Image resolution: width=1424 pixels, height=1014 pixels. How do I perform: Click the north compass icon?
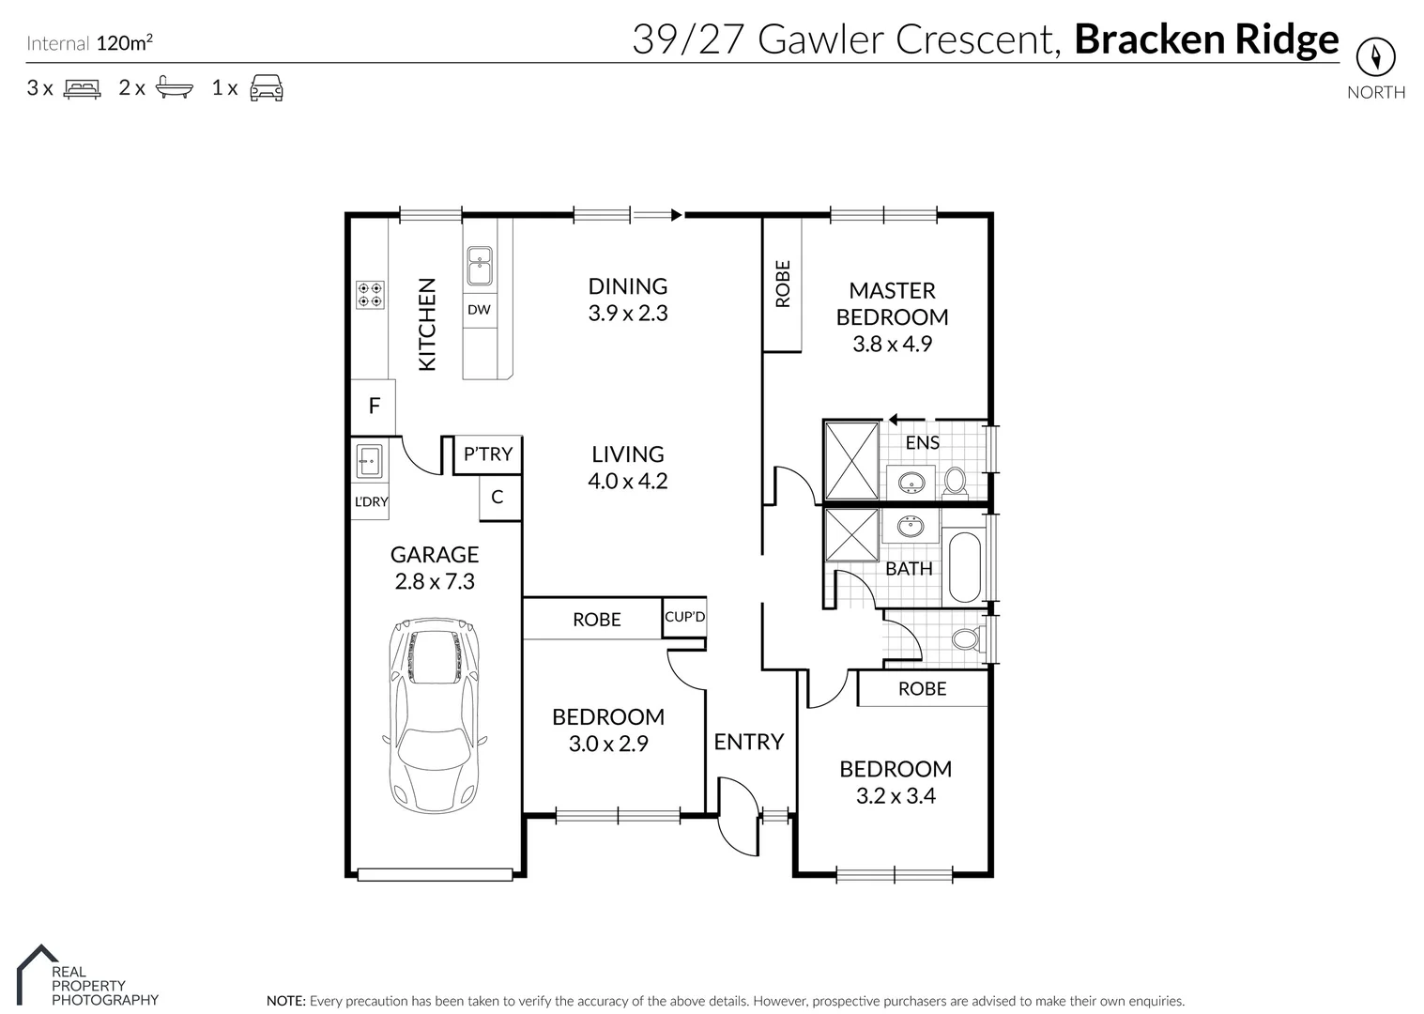[1375, 57]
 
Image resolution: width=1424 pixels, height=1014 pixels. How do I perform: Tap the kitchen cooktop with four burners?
[369, 295]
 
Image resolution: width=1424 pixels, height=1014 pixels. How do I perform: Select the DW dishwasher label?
[479, 309]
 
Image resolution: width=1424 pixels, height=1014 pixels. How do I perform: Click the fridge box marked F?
[374, 406]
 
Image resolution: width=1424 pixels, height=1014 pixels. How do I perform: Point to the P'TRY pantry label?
[488, 454]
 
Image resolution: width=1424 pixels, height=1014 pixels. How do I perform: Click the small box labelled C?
[498, 497]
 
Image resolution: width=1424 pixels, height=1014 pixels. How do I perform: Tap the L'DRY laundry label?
[371, 501]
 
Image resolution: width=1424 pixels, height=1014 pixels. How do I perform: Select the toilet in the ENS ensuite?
[956, 481]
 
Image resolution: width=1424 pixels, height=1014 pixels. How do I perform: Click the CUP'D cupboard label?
[684, 617]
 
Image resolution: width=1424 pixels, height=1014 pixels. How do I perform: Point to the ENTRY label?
[748, 742]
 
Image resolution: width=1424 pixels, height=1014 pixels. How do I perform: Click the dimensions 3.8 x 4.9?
[892, 344]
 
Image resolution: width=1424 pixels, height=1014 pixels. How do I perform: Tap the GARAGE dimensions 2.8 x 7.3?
[435, 581]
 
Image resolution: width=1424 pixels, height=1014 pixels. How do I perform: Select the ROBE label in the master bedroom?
[783, 284]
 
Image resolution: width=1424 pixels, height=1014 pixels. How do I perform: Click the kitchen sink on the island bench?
[480, 266]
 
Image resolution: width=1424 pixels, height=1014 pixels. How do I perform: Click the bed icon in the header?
[82, 88]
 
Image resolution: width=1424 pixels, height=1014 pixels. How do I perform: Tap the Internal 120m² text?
[90, 42]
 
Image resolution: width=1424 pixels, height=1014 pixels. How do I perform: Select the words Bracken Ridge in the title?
[1205, 39]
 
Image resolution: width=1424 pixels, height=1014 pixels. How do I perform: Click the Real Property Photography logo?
[89, 977]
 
